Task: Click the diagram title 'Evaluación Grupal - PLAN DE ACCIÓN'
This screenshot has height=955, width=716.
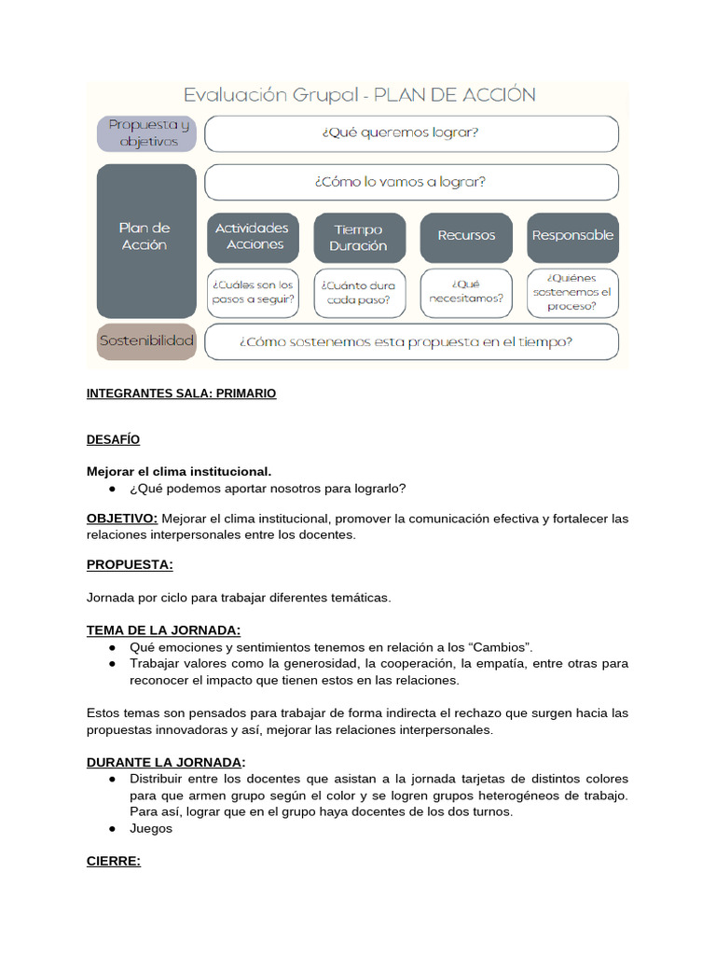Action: click(x=359, y=95)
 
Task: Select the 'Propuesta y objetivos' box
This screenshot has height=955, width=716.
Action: click(x=147, y=133)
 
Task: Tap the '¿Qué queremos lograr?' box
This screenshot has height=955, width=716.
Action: click(x=410, y=133)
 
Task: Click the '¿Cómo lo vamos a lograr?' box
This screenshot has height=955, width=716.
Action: click(x=410, y=182)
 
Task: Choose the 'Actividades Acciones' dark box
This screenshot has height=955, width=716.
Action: click(x=253, y=236)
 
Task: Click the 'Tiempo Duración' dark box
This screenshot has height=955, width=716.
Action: click(x=359, y=237)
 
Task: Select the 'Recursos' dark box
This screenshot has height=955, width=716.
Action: click(x=465, y=236)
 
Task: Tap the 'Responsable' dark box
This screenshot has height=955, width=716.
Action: click(x=572, y=236)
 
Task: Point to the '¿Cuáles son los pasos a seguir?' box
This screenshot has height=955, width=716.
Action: click(x=253, y=292)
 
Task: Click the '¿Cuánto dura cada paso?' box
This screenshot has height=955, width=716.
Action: click(x=359, y=292)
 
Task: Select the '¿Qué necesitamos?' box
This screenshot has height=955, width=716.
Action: click(x=465, y=292)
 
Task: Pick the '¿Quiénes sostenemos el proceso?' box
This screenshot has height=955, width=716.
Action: click(x=572, y=291)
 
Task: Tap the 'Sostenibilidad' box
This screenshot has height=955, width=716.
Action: click(x=146, y=341)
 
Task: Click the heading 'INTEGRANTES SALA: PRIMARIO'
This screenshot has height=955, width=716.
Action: click(x=181, y=394)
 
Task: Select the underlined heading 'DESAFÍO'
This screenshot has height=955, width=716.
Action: click(x=113, y=439)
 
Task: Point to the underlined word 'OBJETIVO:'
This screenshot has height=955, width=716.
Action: click(x=122, y=518)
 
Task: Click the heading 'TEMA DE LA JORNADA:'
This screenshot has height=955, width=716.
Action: click(x=163, y=630)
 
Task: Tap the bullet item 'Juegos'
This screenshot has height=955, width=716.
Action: click(x=151, y=828)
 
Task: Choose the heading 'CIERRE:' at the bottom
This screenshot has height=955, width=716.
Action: click(x=113, y=861)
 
